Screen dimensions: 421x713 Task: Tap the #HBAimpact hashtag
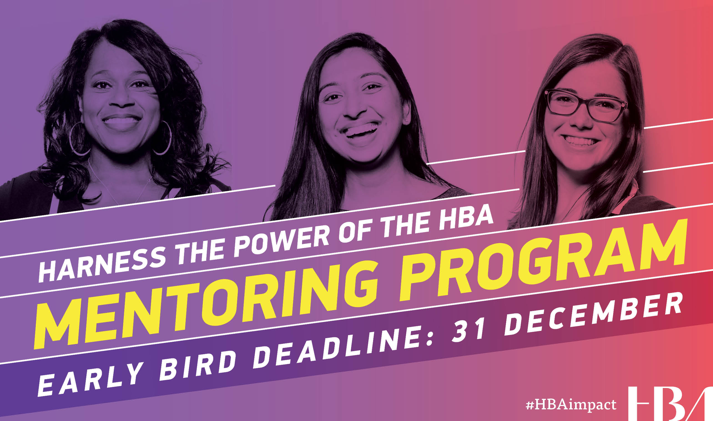[571, 405]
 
